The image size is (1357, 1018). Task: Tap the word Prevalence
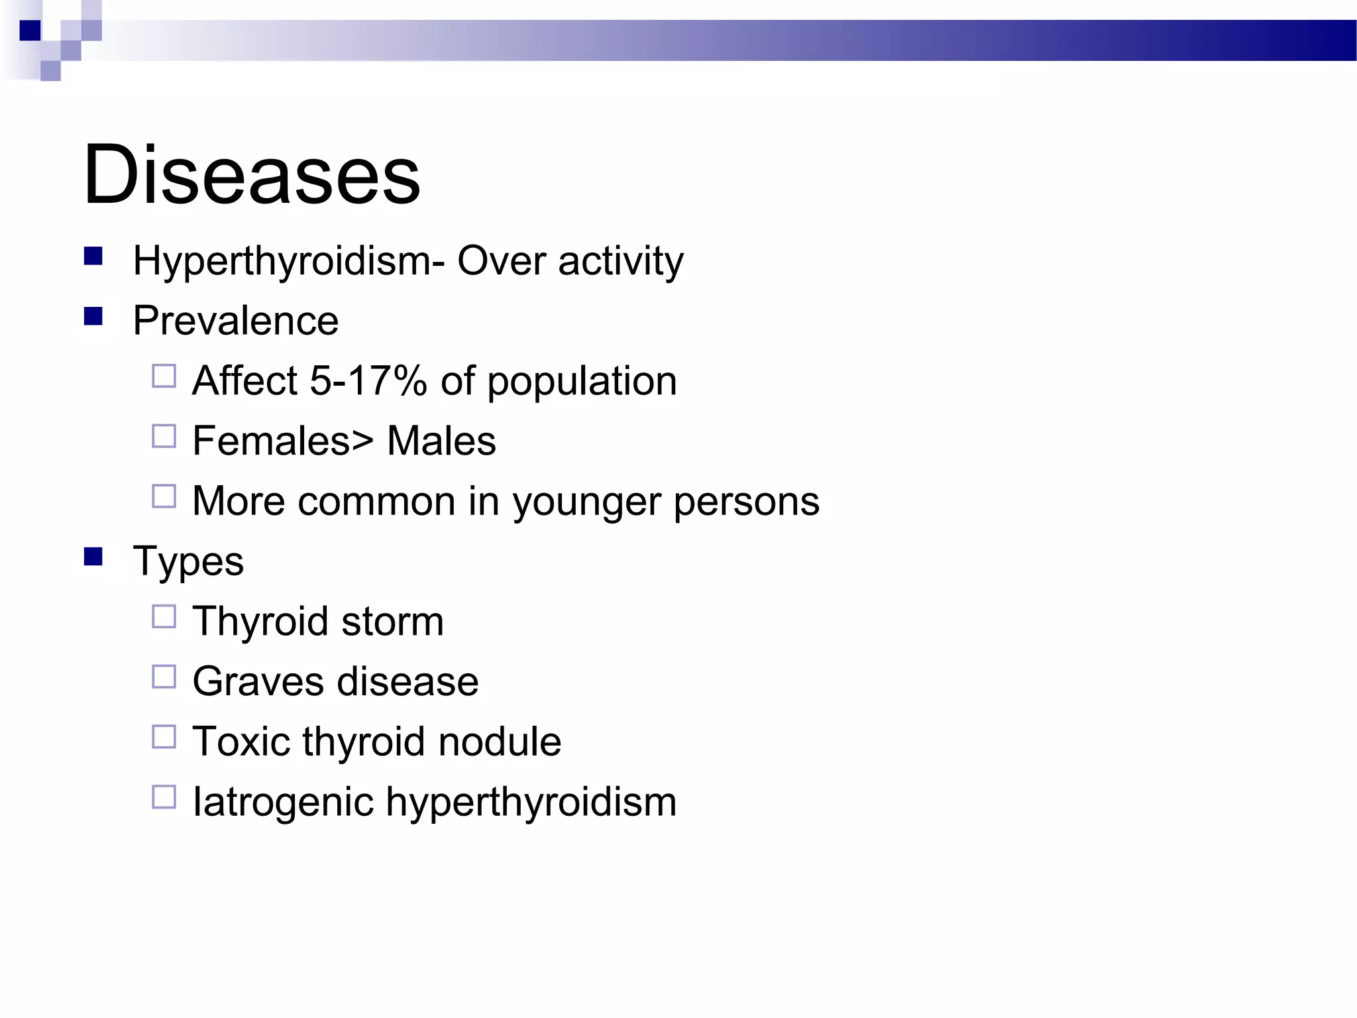[235, 321]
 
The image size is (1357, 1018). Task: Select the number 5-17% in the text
[368, 381]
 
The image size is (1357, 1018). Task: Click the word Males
[441, 441]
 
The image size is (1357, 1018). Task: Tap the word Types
[188, 561]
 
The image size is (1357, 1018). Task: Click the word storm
[392, 622]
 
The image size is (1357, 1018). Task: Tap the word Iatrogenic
[283, 803]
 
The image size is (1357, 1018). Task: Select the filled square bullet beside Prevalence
[93, 316]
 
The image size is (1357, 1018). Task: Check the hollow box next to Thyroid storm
[164, 617]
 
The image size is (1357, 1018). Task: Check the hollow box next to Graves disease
[164, 677]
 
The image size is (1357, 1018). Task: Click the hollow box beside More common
[164, 496]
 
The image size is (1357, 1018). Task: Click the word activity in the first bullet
[620, 261]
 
